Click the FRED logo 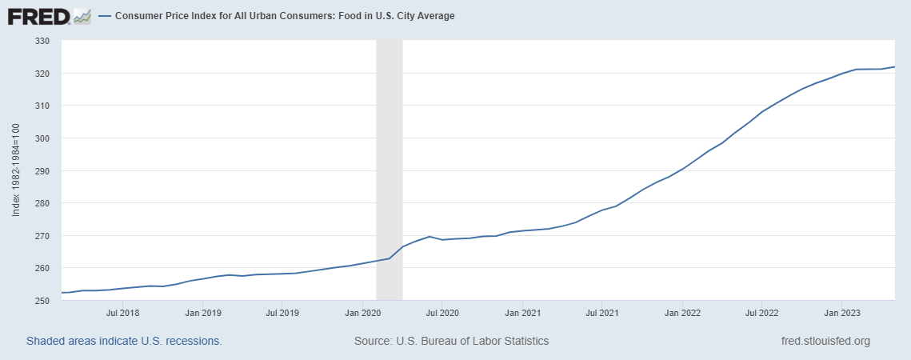49,15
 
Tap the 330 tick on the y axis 42,41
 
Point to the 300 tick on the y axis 42,138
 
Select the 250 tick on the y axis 42,301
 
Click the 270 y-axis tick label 42,236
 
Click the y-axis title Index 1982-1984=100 17,170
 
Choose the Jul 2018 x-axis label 123,312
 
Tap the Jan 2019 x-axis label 203,312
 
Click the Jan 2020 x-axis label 362,312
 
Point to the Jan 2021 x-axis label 521,312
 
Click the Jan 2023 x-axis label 841,312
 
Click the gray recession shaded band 390,160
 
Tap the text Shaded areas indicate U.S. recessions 124,341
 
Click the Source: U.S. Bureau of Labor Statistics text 451,341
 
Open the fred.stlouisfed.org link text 825,341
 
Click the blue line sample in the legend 105,16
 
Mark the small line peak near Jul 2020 430,237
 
